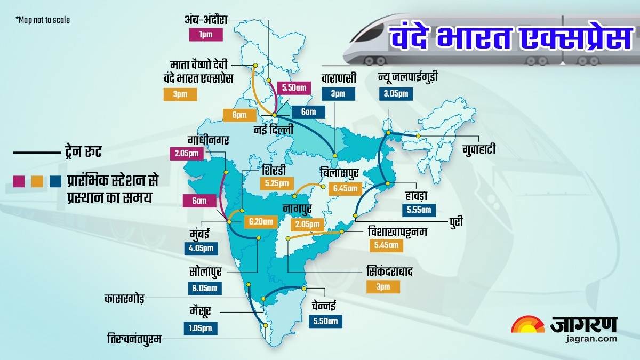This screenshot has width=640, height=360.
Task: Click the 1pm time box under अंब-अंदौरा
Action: pyautogui.click(x=205, y=36)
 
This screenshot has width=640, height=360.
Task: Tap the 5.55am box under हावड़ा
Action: pyautogui.click(x=418, y=210)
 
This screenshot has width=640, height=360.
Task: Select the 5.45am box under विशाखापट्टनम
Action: pyautogui.click(x=386, y=245)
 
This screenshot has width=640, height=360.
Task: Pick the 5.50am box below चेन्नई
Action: pyautogui.click(x=325, y=321)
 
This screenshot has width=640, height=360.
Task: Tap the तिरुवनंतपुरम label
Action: pyautogui.click(x=134, y=338)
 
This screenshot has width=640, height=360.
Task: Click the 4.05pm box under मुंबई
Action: pyautogui.click(x=201, y=249)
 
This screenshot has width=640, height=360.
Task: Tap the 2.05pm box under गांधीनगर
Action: pyautogui.click(x=187, y=154)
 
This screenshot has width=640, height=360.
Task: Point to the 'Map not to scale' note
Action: pyautogui.click(x=43, y=20)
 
